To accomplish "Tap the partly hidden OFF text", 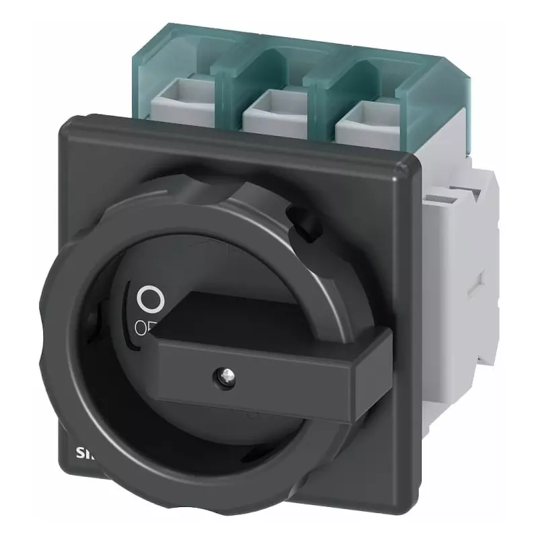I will coord(144,328).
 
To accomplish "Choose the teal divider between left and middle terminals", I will coord(225,77).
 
